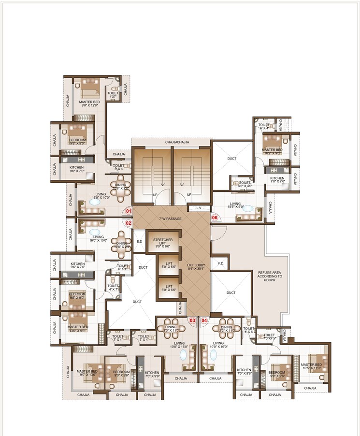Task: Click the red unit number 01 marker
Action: [x=129, y=211]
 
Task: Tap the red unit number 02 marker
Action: [x=129, y=223]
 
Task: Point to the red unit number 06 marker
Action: [x=215, y=218]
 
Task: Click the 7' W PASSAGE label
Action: [x=170, y=219]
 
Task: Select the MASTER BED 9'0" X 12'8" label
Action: [x=89, y=104]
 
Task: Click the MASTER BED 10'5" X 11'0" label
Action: [x=311, y=367]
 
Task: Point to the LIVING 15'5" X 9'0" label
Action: [x=235, y=206]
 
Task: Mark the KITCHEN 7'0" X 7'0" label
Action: [x=277, y=180]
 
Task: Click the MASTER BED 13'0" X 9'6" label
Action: [x=77, y=329]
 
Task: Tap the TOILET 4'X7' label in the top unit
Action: [x=113, y=95]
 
